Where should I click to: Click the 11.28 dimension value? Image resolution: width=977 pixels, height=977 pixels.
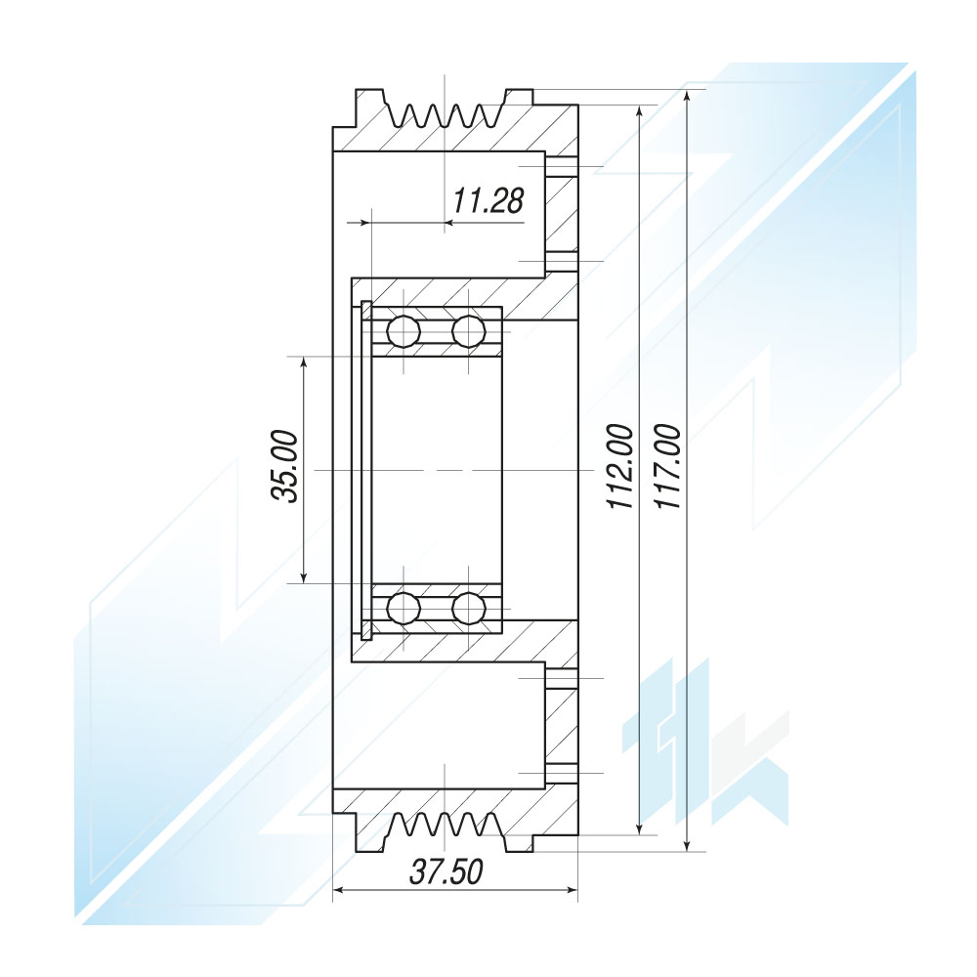(x=488, y=200)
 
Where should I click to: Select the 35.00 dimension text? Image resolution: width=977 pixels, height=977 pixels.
(x=284, y=466)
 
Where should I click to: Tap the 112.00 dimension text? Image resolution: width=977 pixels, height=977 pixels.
(x=620, y=467)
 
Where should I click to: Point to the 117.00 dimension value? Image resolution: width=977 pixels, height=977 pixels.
(x=668, y=467)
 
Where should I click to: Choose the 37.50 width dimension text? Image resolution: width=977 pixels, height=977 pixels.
(x=446, y=871)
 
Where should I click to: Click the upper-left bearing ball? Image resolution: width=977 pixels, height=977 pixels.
(x=404, y=331)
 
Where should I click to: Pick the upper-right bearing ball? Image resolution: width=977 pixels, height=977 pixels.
(x=469, y=331)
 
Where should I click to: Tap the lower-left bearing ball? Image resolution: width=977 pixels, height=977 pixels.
(x=404, y=608)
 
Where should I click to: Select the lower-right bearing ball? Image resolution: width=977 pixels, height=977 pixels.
(x=469, y=608)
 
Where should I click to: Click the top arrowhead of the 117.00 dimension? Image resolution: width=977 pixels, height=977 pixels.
(x=687, y=97)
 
